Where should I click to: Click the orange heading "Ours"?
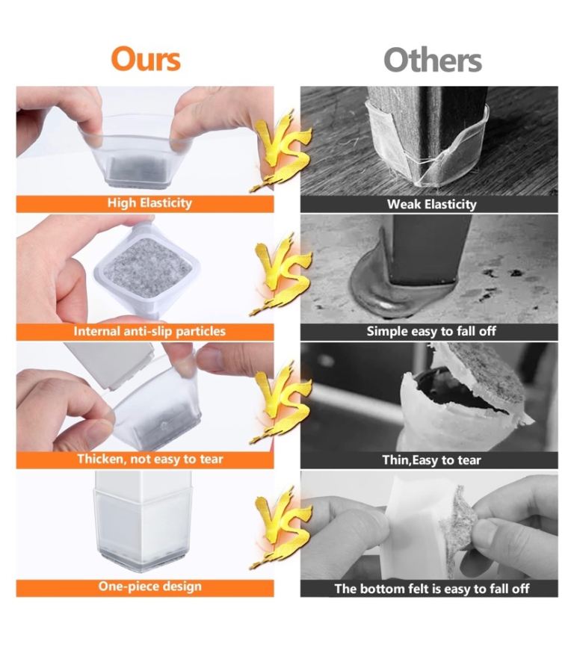[146, 59]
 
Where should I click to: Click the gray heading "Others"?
[433, 60]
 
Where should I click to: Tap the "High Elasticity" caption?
[149, 203]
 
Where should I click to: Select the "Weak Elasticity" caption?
[431, 204]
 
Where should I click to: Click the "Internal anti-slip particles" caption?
[149, 331]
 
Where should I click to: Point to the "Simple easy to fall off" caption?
[431, 331]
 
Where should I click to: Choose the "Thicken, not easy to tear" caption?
[149, 459]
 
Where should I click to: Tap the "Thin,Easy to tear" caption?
[431, 460]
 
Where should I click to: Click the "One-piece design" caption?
[149, 587]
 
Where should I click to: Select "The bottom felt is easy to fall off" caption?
[431, 589]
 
